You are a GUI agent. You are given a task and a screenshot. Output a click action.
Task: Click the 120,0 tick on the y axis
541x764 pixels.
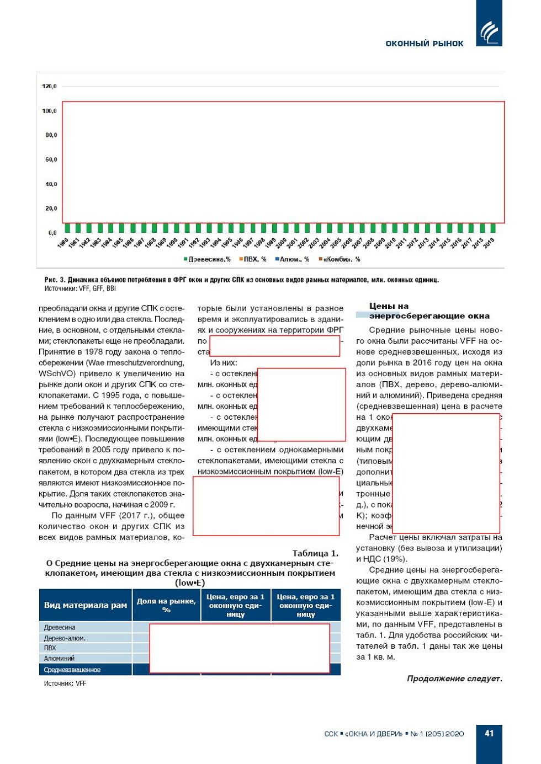tap(49, 87)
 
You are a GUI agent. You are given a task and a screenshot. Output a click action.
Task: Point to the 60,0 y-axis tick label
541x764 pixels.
tap(51, 159)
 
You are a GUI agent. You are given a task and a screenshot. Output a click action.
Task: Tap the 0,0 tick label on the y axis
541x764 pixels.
tap(52, 233)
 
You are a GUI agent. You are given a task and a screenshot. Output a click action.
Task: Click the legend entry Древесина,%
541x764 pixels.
tap(208, 259)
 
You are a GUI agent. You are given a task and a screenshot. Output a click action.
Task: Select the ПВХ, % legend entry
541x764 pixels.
tap(253, 259)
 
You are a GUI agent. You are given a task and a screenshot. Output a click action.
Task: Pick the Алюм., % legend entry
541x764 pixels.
tap(293, 259)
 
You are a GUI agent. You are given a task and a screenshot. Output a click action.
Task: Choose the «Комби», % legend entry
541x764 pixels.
tap(340, 259)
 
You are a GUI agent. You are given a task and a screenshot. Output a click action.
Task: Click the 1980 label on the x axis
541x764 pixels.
tap(63, 243)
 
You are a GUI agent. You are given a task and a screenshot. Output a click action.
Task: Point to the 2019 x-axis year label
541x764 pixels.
tap(489, 243)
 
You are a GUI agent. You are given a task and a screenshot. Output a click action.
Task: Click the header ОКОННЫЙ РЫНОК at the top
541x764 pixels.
tap(424, 44)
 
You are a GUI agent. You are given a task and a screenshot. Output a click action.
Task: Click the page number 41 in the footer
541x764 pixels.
tap(489, 733)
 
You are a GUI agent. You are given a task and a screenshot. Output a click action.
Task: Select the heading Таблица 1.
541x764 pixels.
tap(315, 553)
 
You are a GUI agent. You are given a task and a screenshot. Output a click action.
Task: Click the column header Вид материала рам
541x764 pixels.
tap(86, 605)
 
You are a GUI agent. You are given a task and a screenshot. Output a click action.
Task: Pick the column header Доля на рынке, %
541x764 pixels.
tap(166, 605)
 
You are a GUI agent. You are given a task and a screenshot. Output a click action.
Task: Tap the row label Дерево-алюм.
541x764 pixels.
tap(65, 638)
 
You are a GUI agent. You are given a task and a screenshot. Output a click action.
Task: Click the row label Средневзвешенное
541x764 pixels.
tap(72, 670)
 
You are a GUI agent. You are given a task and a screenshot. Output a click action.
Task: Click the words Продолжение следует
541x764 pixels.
tap(454, 678)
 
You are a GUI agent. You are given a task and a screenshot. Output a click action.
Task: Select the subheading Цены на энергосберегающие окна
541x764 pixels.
tap(429, 311)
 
